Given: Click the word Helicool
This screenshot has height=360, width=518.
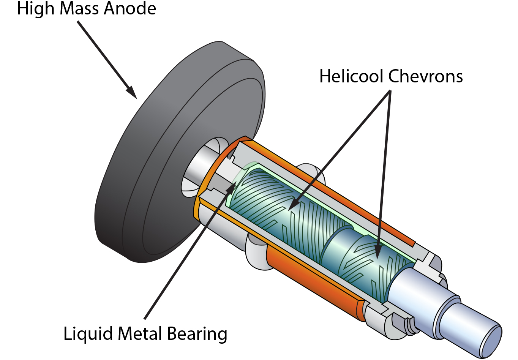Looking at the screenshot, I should [x=351, y=76].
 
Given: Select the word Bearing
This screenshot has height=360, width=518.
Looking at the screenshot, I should [x=197, y=335].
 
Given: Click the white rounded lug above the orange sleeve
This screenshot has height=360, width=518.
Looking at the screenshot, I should [x=311, y=171].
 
